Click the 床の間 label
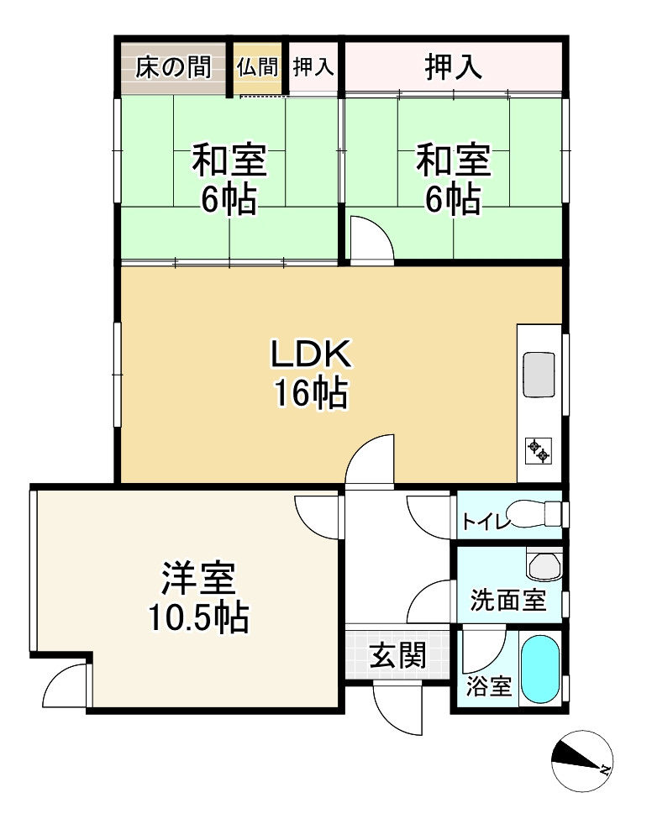pos(173,67)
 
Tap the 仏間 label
pos(258,67)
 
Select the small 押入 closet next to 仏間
pos(313,67)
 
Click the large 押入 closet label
pos(453,67)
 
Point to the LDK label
pos(311,354)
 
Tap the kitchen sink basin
pos(539,375)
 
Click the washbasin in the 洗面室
pos(544,564)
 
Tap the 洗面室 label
pos(508,600)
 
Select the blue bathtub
pos(540,670)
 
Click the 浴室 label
pos(489,686)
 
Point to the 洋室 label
pos(198,578)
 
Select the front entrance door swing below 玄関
pos(398,708)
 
